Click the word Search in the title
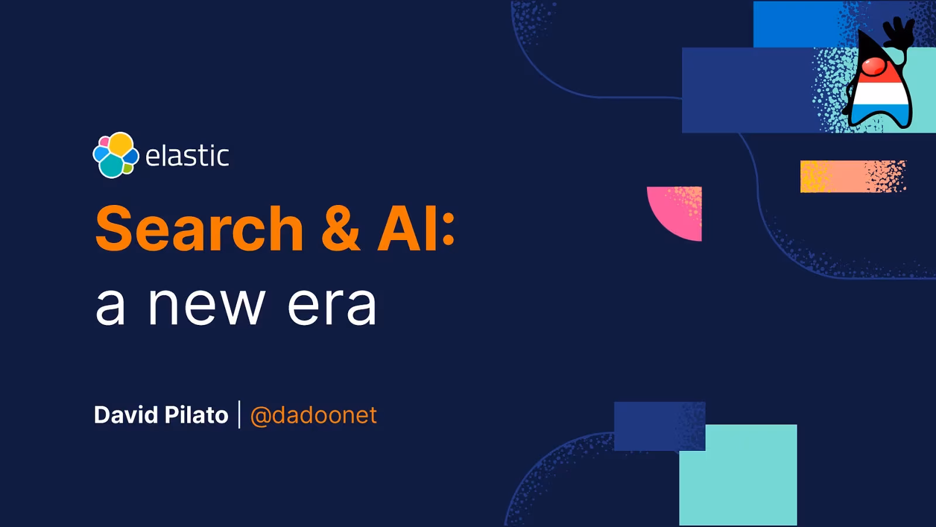coord(199,228)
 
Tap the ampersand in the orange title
coord(340,228)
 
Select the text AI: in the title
coord(416,228)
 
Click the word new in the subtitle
coord(207,306)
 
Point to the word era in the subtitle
coord(332,306)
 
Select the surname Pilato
coord(197,415)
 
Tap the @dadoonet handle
coord(314,415)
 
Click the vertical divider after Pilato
coord(239,415)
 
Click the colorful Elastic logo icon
coord(116,155)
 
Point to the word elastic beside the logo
coord(187,156)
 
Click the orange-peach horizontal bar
coord(853,176)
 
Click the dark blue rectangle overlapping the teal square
coord(659,426)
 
